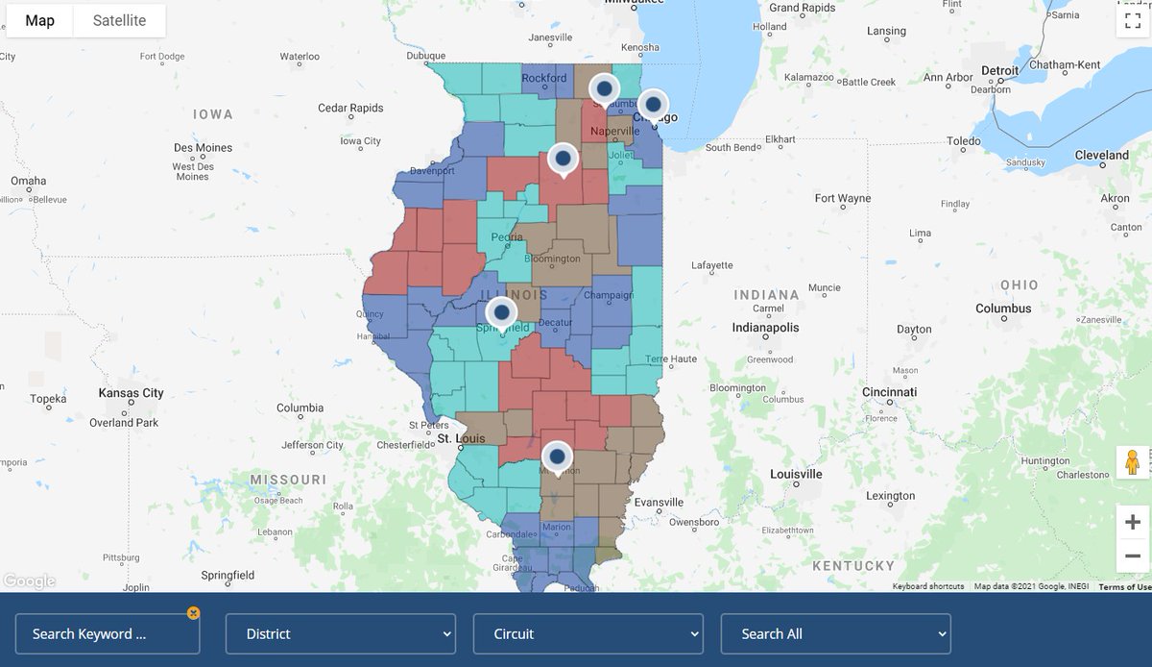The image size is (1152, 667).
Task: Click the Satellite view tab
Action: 119,20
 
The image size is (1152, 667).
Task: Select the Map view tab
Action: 39,20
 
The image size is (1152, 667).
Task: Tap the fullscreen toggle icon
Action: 1131,20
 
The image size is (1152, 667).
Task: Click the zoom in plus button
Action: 1133,522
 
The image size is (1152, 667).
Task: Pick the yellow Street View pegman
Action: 1133,463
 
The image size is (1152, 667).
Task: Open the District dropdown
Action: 340,633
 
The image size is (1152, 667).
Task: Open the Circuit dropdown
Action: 588,633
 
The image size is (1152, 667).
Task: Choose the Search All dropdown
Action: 835,633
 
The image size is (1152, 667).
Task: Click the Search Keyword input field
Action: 107,633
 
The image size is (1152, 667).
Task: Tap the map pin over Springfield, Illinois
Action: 501,312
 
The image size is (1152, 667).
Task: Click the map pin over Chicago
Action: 653,104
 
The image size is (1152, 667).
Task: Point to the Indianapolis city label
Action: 765,328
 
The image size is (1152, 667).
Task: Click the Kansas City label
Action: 132,393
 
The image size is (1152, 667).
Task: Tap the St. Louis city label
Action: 461,439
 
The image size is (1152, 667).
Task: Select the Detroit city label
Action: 999,71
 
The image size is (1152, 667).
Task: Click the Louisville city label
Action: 796,474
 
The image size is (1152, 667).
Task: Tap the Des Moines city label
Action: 203,148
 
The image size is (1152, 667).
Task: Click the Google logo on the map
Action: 29,581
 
